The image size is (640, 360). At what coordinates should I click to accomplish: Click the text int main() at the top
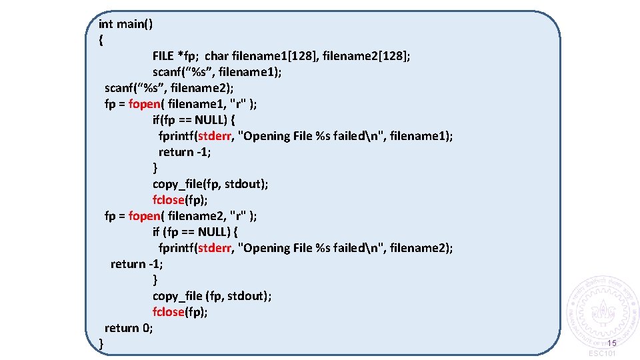(x=125, y=24)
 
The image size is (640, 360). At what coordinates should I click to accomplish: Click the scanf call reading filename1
(x=217, y=72)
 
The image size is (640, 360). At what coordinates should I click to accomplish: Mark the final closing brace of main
(x=101, y=344)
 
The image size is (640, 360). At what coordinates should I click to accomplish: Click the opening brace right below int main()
(x=101, y=40)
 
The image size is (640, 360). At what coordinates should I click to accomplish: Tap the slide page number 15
(x=612, y=343)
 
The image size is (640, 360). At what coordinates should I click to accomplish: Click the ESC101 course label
(x=603, y=354)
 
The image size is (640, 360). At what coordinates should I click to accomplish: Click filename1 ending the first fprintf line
(x=421, y=136)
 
